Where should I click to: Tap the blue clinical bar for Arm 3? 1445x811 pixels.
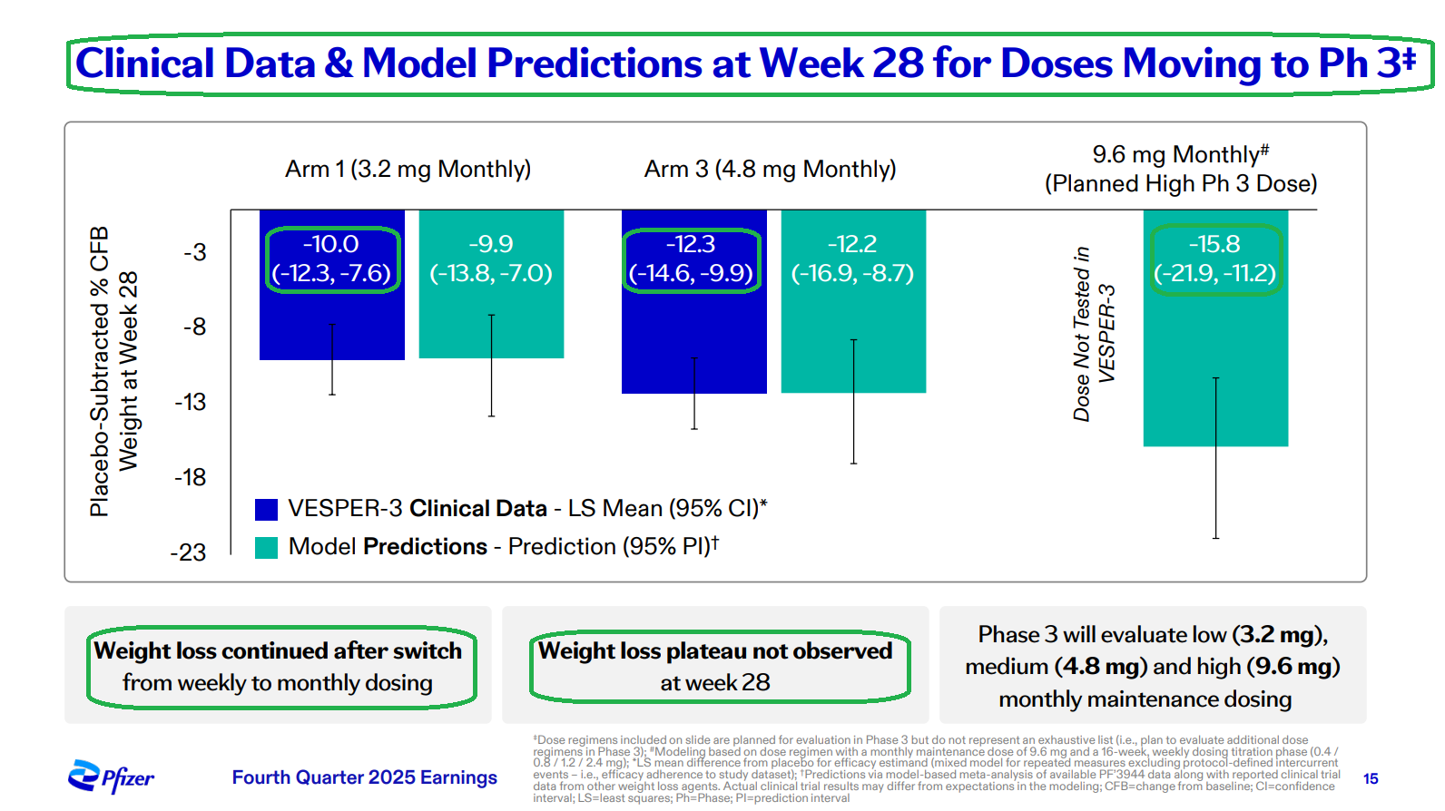pos(693,336)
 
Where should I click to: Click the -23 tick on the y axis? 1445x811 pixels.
pos(189,552)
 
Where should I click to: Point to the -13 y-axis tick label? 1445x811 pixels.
pos(191,402)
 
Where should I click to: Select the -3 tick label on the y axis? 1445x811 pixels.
pos(195,252)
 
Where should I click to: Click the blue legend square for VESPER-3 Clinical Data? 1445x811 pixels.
pos(266,510)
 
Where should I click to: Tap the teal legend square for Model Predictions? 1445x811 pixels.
pos(266,548)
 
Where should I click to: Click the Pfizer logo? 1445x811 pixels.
pos(111,777)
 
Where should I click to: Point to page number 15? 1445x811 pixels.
pos(1371,778)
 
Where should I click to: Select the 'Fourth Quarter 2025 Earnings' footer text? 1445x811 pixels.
pos(364,777)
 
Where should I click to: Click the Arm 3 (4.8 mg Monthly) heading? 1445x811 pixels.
pos(770,169)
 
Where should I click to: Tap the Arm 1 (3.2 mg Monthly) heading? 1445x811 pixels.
pos(408,169)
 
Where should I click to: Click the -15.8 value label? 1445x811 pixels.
pos(1214,244)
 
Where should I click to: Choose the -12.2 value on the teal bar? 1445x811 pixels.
pos(852,244)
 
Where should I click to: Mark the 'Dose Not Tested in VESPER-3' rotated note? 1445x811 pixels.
pos(1094,334)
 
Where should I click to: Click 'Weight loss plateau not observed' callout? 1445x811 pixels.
pos(715,651)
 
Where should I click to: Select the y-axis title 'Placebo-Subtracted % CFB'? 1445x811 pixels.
pos(99,372)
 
